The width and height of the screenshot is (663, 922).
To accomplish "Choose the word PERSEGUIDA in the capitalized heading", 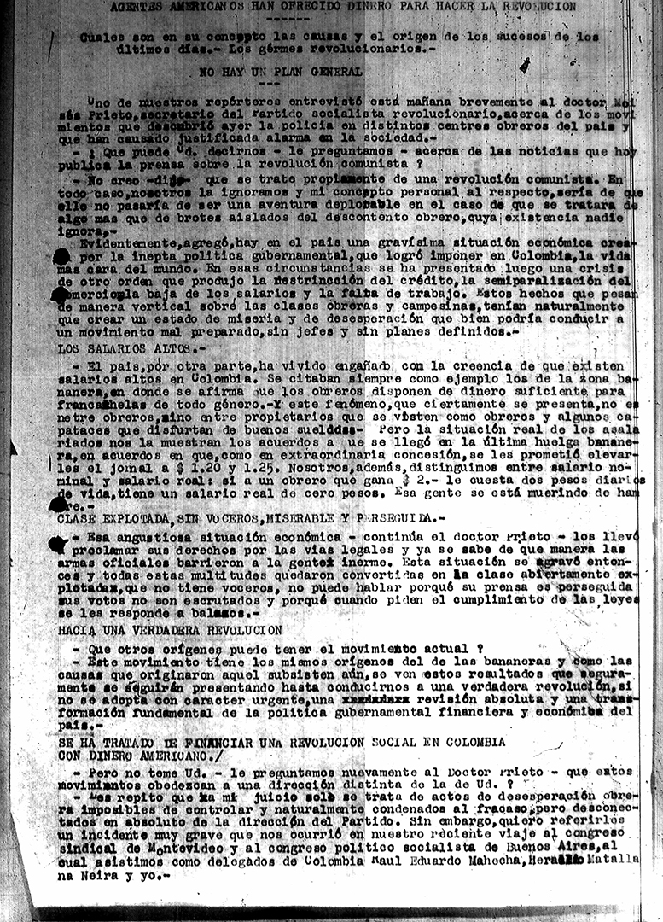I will coord(404,518).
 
